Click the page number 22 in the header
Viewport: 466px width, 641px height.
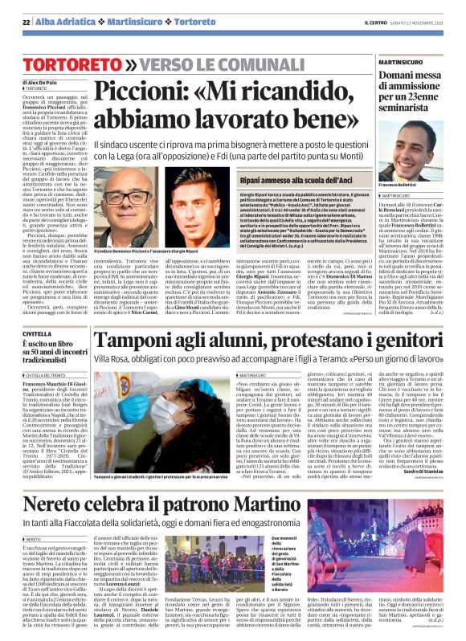tap(26, 20)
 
